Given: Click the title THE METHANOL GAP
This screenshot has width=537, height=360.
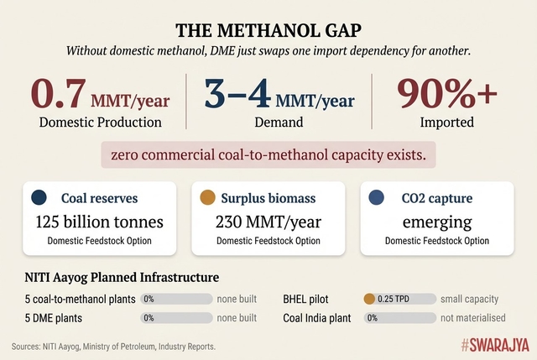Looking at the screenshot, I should click(268, 31).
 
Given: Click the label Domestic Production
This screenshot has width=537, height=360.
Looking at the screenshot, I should click(100, 123).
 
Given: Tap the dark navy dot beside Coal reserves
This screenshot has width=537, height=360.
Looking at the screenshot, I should click(39, 199).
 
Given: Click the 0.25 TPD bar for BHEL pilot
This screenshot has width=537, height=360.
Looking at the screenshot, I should click(399, 299).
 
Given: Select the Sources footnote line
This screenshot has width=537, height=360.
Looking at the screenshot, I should click(113, 346).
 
